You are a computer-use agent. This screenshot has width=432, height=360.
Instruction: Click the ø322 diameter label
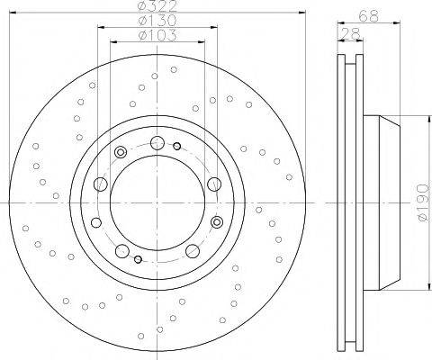[x=157, y=7]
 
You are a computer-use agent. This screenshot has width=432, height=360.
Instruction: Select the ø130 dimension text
[x=157, y=22]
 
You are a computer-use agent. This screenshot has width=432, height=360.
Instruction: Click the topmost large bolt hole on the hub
[x=157, y=142]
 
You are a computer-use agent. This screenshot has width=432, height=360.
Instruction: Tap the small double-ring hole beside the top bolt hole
[x=177, y=147]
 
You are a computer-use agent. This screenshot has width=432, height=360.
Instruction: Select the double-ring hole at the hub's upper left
[x=120, y=150]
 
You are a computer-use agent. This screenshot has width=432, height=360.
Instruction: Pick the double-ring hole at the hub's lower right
[x=216, y=221]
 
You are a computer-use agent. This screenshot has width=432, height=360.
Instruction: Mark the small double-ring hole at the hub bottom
[x=138, y=260]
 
